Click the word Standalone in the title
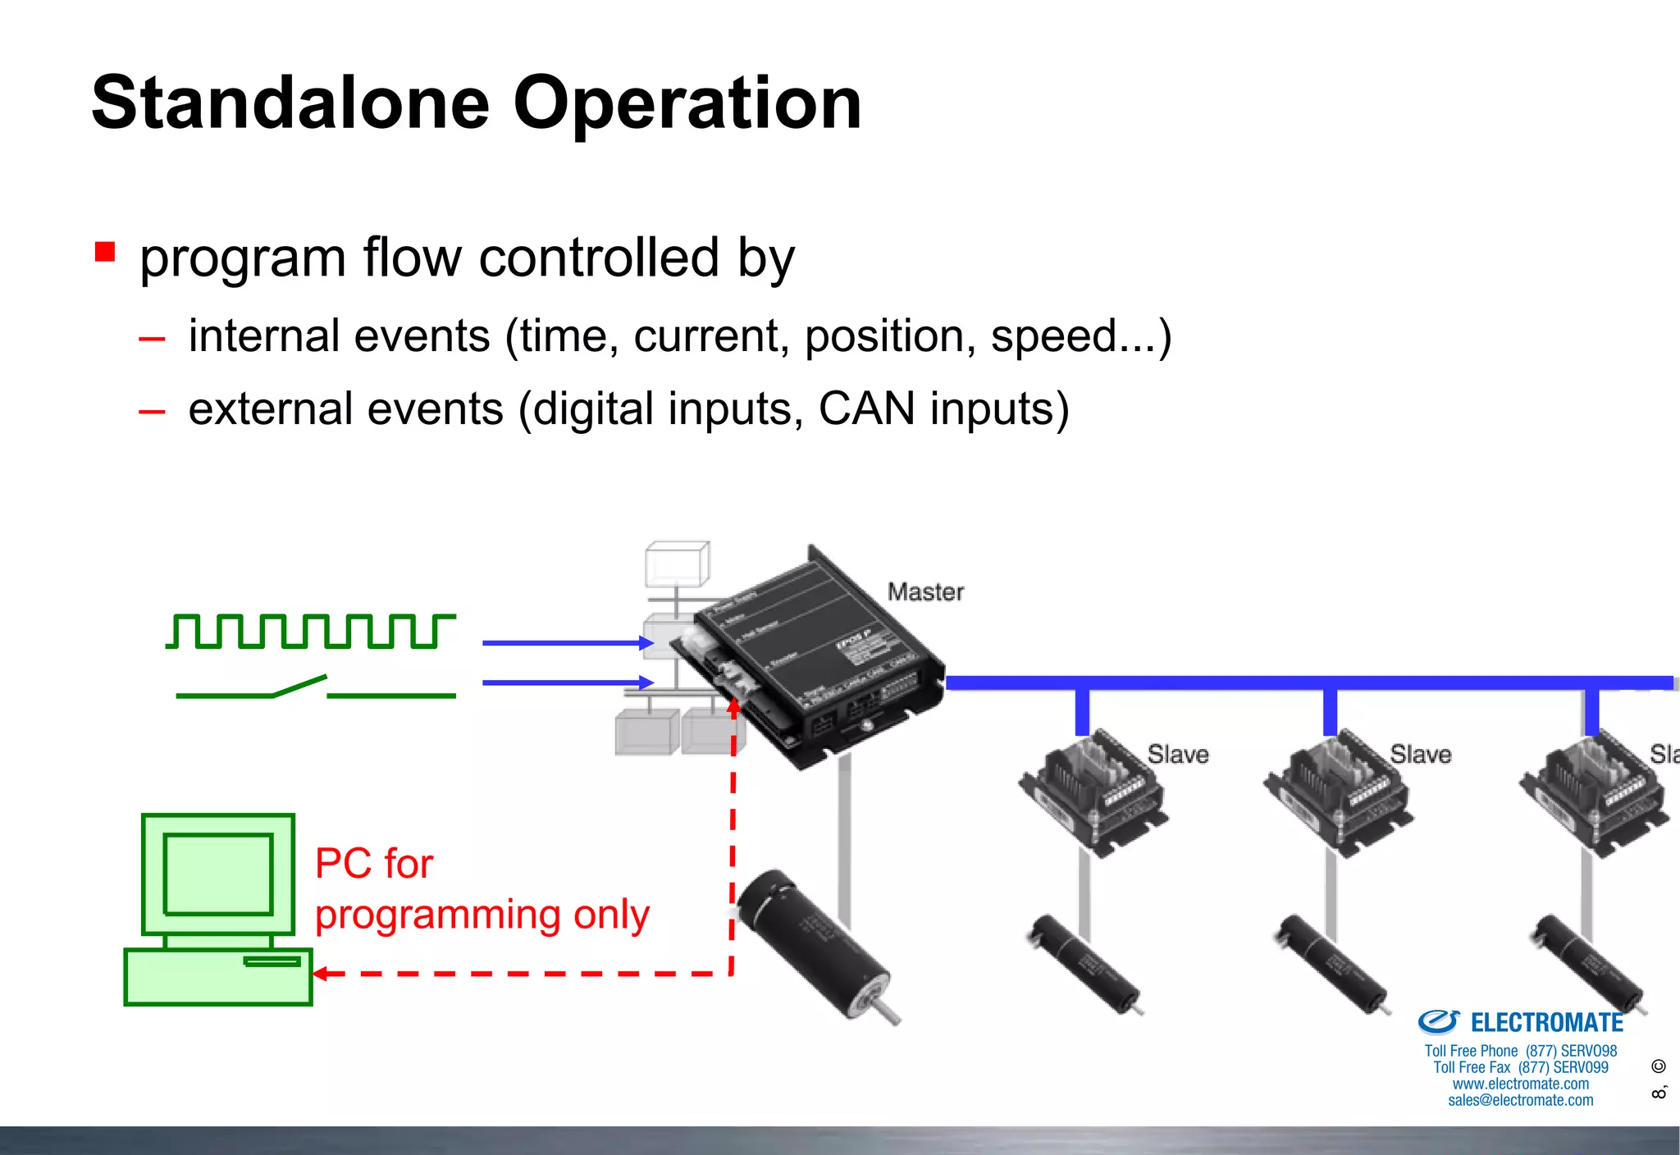(290, 103)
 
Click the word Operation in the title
(687, 103)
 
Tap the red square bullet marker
(105, 251)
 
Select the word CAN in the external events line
(866, 409)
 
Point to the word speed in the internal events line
(1053, 336)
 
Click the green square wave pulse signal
(310, 631)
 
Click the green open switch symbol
(315, 687)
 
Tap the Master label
(925, 591)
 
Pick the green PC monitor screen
(218, 873)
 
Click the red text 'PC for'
(374, 864)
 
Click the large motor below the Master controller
(815, 943)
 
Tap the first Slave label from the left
(1178, 754)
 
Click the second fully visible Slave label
(1421, 754)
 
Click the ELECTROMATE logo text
(1546, 1023)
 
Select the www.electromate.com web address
(1520, 1084)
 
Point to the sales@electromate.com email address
(1520, 1101)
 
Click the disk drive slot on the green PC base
(272, 961)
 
